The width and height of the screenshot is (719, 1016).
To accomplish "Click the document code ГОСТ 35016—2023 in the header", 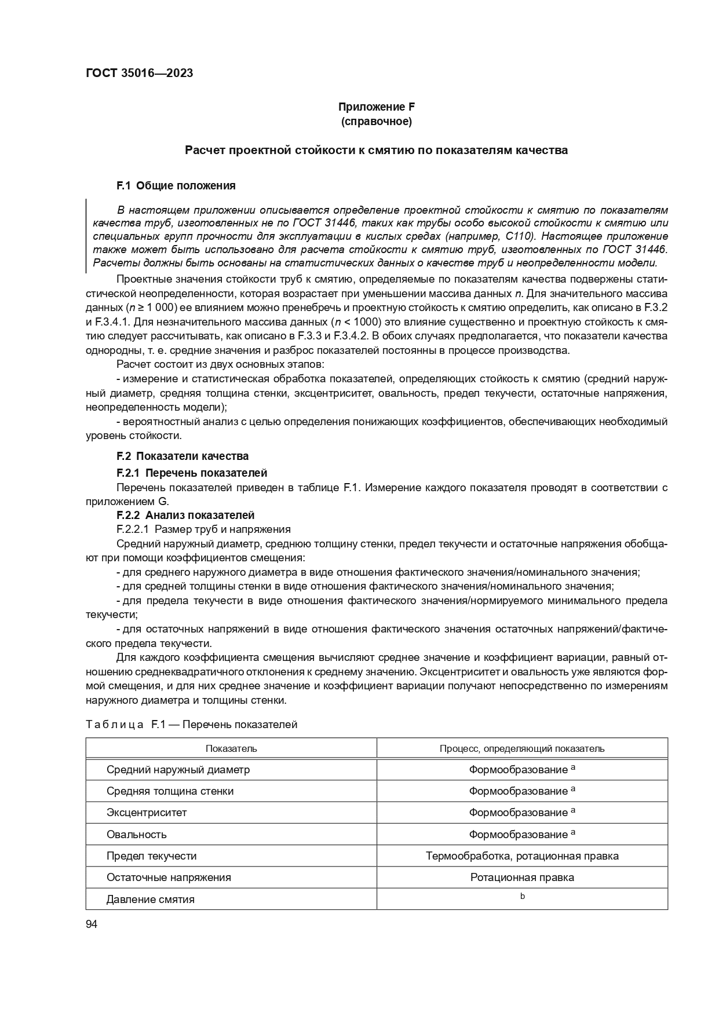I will (139, 73).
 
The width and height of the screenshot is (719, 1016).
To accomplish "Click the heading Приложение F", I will (376, 107).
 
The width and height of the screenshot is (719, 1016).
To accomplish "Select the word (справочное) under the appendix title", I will (376, 122).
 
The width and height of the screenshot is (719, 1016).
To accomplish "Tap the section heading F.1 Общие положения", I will (176, 186).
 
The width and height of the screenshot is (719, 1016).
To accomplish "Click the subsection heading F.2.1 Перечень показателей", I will (191, 473).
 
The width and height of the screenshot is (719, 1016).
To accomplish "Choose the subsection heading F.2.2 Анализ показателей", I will (185, 515).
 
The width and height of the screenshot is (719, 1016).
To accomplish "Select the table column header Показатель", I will (231, 748).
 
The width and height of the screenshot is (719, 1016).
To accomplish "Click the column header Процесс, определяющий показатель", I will (521, 748).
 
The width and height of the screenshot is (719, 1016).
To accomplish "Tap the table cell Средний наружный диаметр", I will (178, 770).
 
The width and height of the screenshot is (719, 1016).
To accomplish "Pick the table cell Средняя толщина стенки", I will (170, 791).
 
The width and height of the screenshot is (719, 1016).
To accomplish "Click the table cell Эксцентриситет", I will (147, 813).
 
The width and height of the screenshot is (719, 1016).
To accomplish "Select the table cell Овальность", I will (136, 835).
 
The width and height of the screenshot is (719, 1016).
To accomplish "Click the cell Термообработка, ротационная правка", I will (521, 856).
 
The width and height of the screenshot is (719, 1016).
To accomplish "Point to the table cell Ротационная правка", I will (521, 878).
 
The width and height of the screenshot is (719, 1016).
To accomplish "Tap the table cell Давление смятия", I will (150, 900).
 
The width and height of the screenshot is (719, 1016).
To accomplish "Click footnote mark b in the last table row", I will (522, 896).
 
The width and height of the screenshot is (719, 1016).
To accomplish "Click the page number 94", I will (92, 924).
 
